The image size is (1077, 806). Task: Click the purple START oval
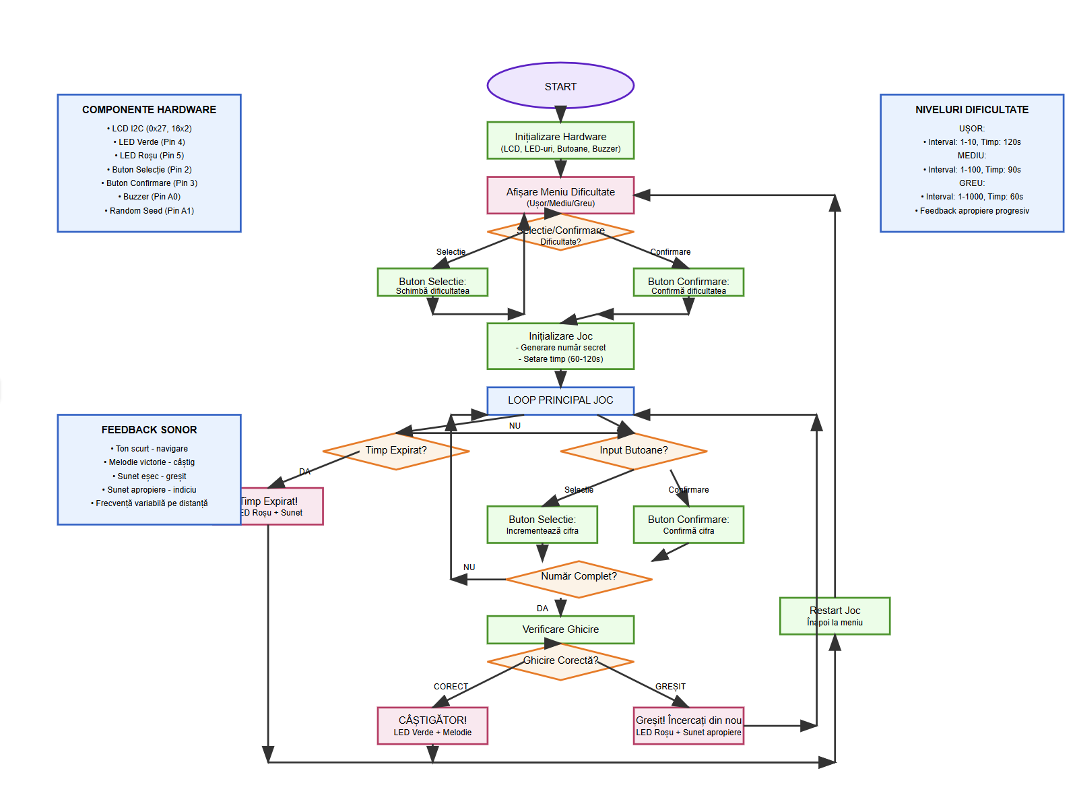pos(560,86)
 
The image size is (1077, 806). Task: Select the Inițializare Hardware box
pos(560,141)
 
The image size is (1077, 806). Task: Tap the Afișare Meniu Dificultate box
pos(560,195)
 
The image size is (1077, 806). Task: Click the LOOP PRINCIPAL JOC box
pos(560,400)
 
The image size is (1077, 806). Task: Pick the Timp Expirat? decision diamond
pos(396,451)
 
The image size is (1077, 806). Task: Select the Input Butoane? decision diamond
pos(633,451)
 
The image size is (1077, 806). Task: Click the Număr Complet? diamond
pos(579,579)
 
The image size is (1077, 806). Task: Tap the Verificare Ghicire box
pos(560,629)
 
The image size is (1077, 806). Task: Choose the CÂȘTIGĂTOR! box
pos(432,726)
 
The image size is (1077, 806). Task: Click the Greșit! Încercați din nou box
pos(688,726)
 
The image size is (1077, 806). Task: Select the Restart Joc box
pos(835,616)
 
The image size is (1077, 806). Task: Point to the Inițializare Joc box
pos(560,346)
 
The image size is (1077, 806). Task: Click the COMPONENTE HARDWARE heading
pos(149,110)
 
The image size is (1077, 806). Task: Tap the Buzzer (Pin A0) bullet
pos(150,197)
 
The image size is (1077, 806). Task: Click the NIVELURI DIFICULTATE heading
pos(971,110)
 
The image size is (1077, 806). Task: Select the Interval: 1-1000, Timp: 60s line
pos(971,197)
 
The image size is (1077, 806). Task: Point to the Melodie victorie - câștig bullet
pos(150,462)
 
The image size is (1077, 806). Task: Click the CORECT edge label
pos(451,687)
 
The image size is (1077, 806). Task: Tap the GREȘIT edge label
pos(670,687)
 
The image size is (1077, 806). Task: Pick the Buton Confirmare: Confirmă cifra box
pos(688,524)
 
